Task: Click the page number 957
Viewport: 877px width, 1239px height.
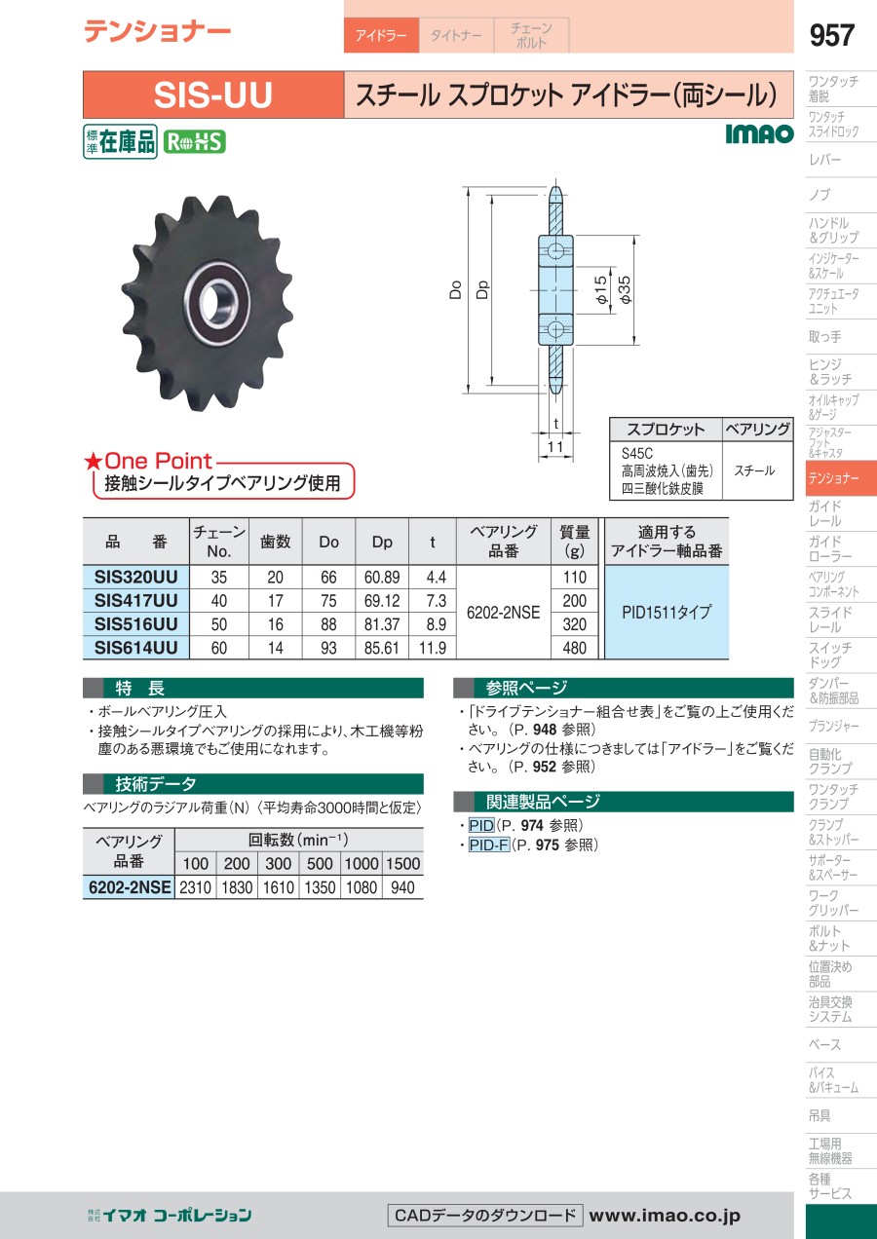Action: [831, 35]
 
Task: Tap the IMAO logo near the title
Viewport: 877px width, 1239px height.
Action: [759, 134]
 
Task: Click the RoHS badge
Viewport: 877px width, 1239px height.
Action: [195, 142]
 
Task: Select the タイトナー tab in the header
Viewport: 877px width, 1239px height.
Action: [456, 35]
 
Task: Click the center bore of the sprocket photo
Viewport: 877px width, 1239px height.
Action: [211, 302]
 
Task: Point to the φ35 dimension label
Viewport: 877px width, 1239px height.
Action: [625, 289]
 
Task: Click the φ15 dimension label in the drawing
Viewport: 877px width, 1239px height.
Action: [601, 289]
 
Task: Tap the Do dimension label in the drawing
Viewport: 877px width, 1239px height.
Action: [455, 290]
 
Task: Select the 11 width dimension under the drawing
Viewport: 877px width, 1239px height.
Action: [555, 447]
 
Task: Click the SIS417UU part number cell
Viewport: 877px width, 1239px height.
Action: [136, 601]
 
